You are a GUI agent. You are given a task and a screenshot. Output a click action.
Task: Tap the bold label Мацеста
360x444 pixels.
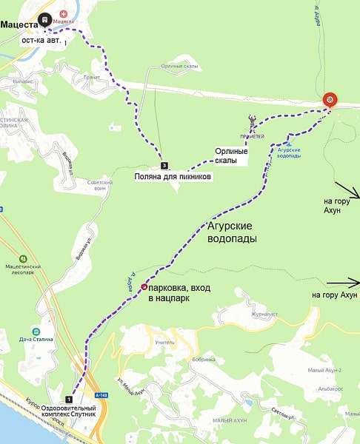click(x=19, y=24)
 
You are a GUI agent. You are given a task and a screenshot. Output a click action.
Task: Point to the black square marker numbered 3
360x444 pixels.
click(x=163, y=165)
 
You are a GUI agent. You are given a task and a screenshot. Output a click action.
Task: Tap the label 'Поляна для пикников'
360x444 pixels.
click(x=173, y=178)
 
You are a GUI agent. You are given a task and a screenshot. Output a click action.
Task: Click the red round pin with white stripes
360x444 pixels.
click(x=330, y=101)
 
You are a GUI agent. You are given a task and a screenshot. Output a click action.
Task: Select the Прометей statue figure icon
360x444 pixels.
click(x=253, y=119)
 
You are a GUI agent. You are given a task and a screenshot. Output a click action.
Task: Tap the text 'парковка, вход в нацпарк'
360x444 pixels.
click(x=181, y=292)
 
